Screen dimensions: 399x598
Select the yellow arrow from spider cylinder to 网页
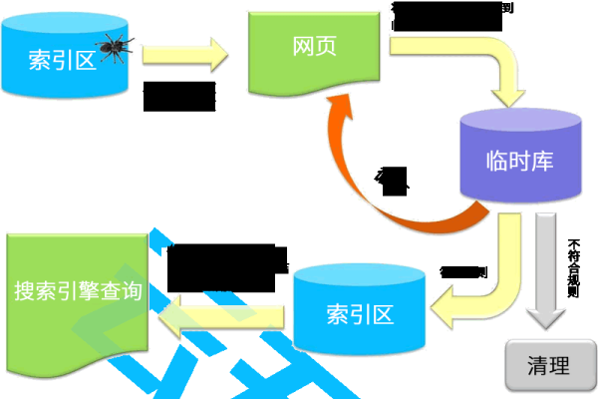tap(183, 54)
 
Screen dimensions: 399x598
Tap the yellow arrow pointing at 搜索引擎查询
tap(224, 312)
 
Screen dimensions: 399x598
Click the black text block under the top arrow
tap(179, 96)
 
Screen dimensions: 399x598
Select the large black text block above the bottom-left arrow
tap(224, 265)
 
